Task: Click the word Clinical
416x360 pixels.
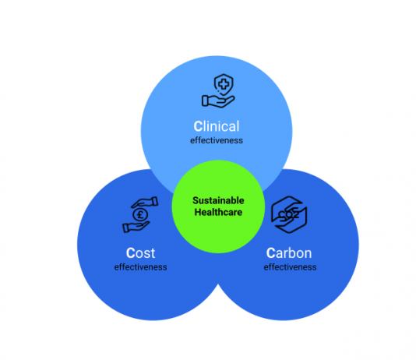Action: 217,126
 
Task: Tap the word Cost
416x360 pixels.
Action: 140,252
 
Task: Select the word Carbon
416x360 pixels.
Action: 289,252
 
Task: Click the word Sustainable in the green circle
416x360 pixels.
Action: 218,200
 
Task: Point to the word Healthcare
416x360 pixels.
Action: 218,212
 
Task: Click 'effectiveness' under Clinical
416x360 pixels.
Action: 217,140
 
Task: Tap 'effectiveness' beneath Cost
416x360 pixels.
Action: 140,266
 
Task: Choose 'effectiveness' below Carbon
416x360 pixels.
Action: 290,266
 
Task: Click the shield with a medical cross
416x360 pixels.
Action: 224,85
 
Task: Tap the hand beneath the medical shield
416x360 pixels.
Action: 218,101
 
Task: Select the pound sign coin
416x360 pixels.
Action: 140,214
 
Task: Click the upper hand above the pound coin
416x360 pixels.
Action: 145,202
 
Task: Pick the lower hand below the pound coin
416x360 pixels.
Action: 136,227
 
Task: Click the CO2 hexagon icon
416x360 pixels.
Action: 289,214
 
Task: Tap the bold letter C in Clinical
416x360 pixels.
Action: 198,126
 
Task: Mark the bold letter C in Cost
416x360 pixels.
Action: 131,253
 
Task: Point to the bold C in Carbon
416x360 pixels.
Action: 271,253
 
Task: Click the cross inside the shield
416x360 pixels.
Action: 224,85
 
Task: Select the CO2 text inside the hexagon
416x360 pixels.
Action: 288,214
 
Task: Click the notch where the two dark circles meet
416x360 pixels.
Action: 218,284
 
